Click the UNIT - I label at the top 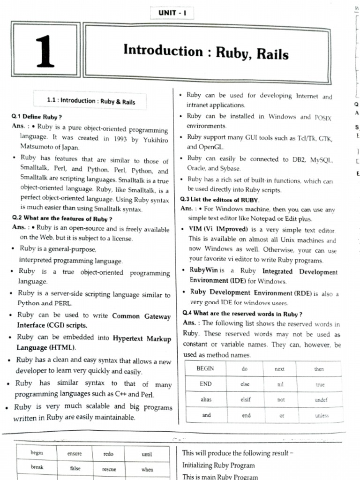tap(172, 13)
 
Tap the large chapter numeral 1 tap(45, 52)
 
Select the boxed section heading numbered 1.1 tap(91, 101)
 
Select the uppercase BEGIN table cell tap(205, 368)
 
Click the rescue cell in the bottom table tap(109, 469)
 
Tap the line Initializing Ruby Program tap(218, 465)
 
